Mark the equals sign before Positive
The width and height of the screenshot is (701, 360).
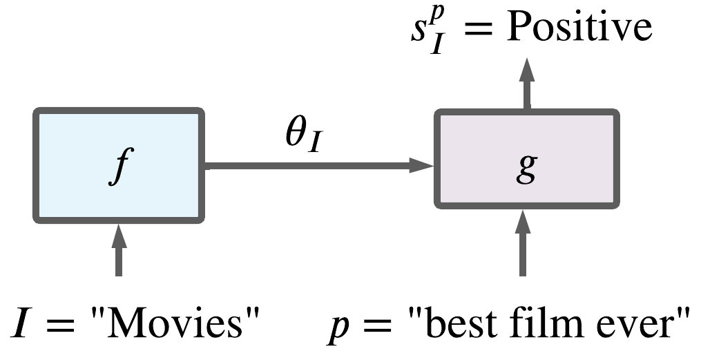(x=477, y=31)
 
